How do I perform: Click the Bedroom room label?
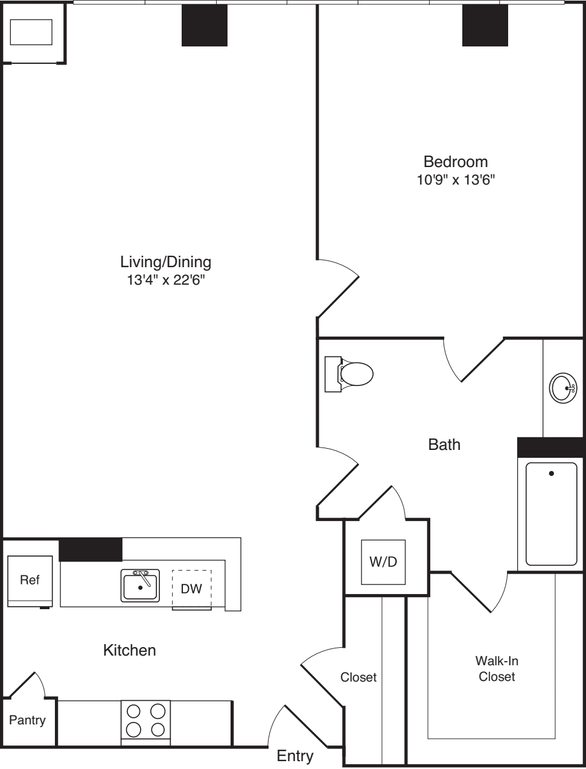(x=455, y=162)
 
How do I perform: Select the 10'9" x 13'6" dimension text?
(x=456, y=180)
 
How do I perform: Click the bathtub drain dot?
(x=551, y=473)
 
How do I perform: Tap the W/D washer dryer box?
(x=383, y=562)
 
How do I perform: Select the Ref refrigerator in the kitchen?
(x=30, y=580)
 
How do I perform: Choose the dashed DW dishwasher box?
(x=192, y=589)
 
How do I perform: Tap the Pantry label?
(x=27, y=720)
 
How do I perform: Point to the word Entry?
(x=295, y=756)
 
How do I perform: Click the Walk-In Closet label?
(x=497, y=668)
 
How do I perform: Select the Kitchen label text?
(x=130, y=650)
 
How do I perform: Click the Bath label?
(x=444, y=445)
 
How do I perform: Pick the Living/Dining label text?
(x=166, y=262)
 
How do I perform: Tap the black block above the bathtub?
(x=549, y=448)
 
